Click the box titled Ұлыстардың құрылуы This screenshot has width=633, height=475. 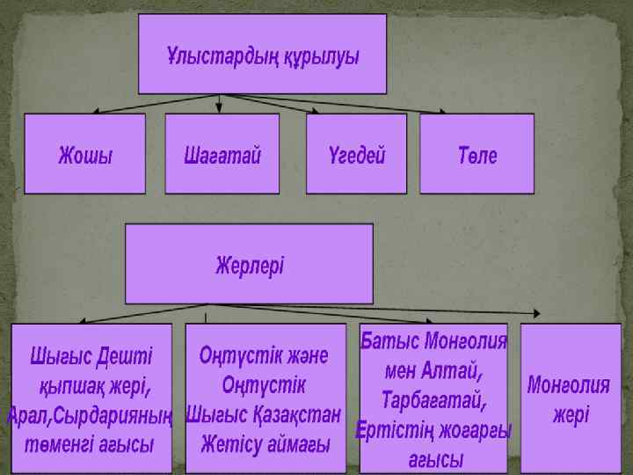(x=262, y=55)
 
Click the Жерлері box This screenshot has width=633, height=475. (x=249, y=263)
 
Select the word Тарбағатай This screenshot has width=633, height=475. (x=433, y=400)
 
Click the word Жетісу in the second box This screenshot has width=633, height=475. (x=231, y=444)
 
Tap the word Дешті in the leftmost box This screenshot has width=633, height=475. (x=123, y=356)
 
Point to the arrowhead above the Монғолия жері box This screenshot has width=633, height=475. (x=537, y=312)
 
